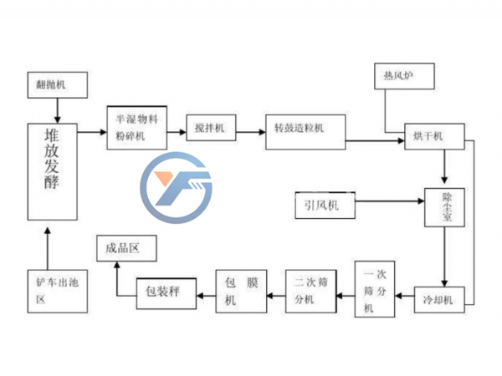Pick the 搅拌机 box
pyautogui.click(x=210, y=128)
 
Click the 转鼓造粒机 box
pyautogui.click(x=305, y=130)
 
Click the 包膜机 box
pyautogui.click(x=243, y=291)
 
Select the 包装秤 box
pyautogui.click(x=165, y=291)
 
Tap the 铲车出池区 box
pyautogui.click(x=56, y=289)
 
